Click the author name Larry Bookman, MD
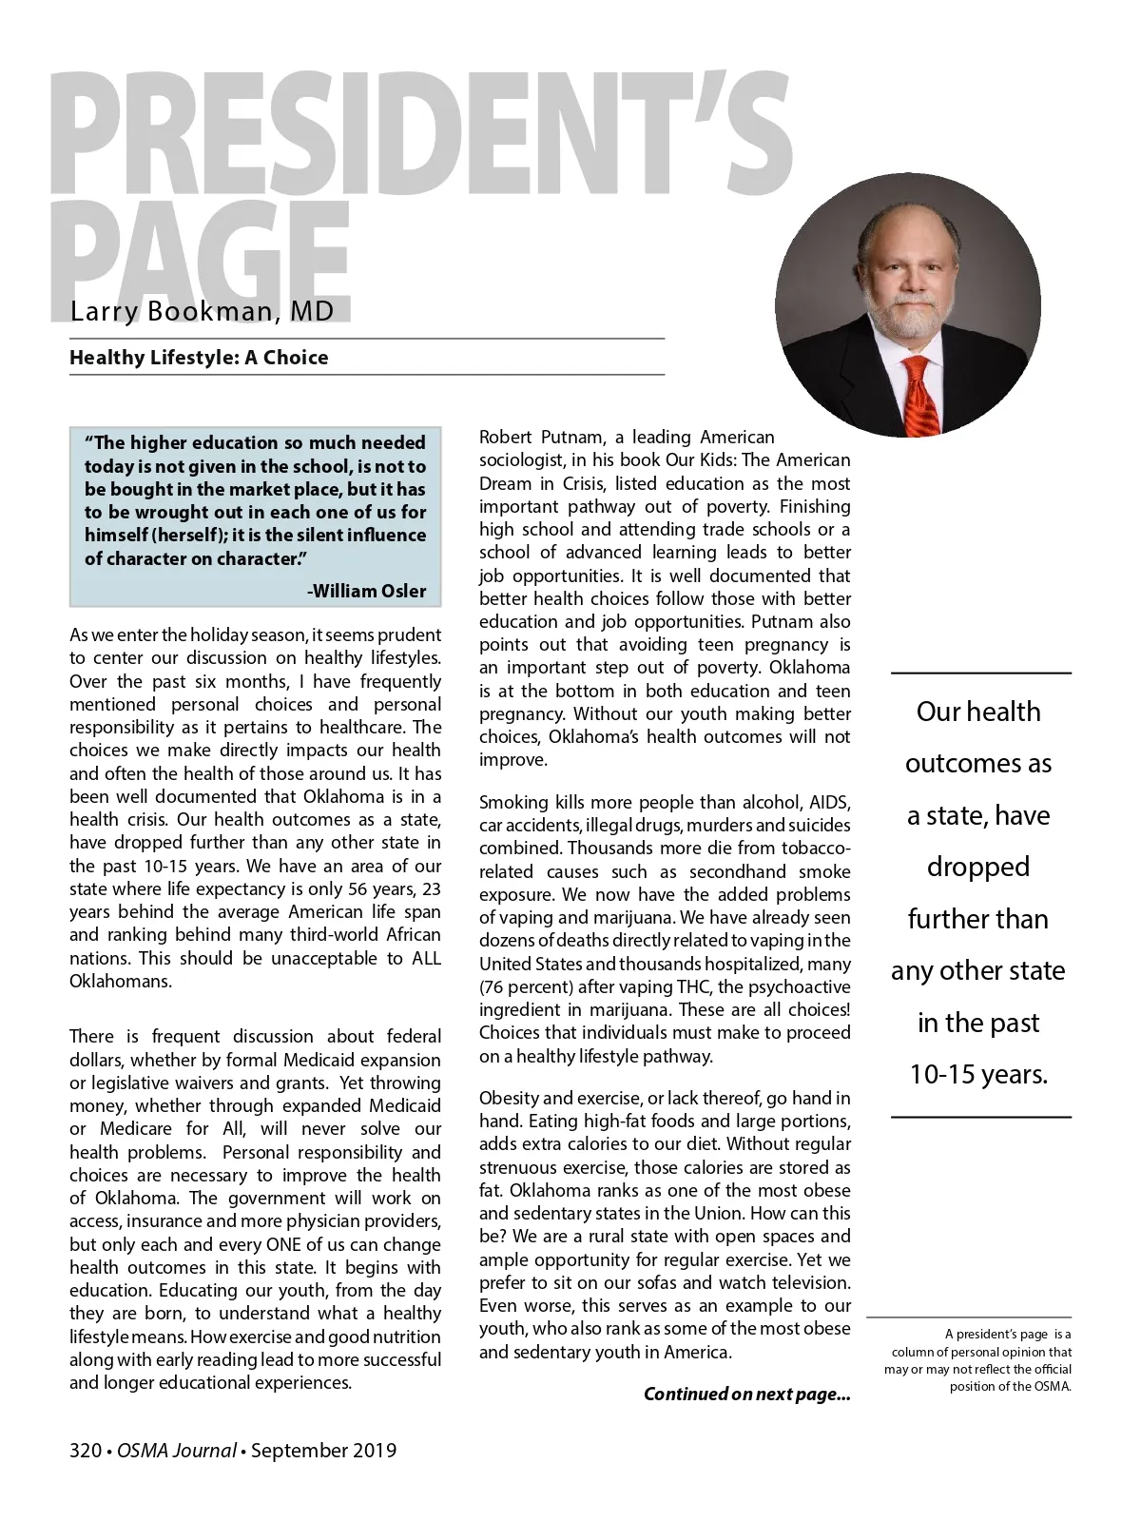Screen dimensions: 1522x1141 click(x=202, y=312)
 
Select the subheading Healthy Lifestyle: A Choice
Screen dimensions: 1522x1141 click(x=199, y=358)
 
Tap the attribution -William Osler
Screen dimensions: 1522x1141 click(x=366, y=591)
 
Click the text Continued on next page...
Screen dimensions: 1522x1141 click(x=746, y=1395)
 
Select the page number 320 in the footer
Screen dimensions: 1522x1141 click(x=85, y=1451)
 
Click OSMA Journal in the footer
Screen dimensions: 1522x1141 click(x=177, y=1451)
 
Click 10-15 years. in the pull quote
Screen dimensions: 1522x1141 click(x=978, y=1075)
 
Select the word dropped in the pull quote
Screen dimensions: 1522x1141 click(x=978, y=867)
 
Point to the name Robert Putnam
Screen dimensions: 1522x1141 click(x=532, y=438)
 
